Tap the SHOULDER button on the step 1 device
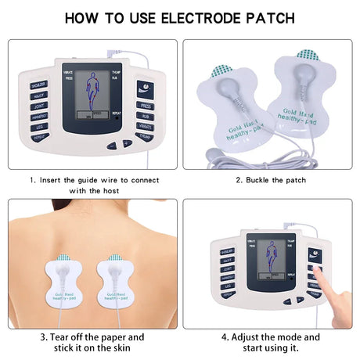coord(38,84)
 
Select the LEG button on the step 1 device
coord(38,125)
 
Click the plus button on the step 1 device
coord(128,144)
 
